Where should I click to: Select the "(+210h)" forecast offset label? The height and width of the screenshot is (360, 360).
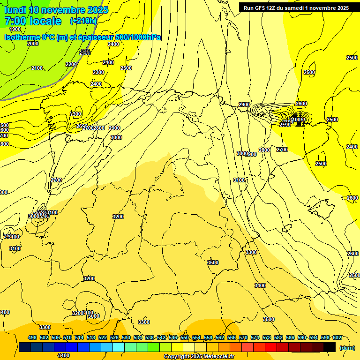(83, 21)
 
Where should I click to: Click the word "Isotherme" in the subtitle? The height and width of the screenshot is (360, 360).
(22, 37)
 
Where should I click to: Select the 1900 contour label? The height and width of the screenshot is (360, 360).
(15, 29)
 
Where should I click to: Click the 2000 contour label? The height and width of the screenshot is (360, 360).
(33, 44)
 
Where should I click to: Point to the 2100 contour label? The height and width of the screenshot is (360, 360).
(37, 68)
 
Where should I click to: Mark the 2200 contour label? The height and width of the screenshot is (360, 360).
(71, 64)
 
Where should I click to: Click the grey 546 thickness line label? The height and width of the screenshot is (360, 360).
(85, 51)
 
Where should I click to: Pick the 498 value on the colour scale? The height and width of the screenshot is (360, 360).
(32, 337)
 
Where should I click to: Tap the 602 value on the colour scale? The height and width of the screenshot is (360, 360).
(337, 337)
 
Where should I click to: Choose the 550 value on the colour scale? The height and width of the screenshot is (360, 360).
(184, 337)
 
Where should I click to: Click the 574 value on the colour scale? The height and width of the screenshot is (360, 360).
(255, 337)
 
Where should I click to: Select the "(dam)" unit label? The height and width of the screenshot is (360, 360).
(346, 347)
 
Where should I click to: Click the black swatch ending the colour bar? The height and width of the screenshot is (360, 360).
(330, 347)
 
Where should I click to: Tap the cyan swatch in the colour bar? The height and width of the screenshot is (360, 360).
(119, 347)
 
